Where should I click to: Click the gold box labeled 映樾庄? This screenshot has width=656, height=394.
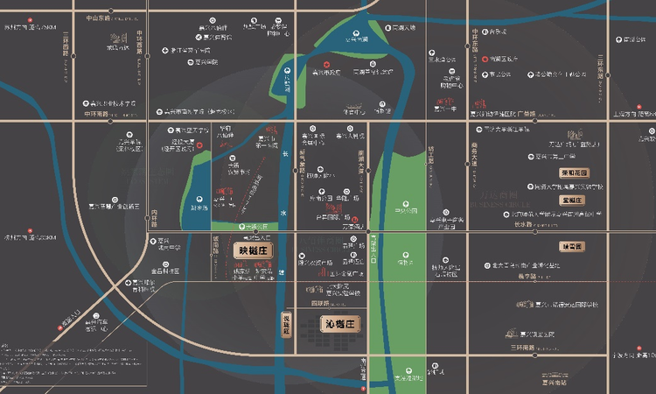256,250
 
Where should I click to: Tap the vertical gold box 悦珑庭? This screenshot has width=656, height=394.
284,325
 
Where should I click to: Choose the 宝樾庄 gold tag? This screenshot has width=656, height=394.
573,200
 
